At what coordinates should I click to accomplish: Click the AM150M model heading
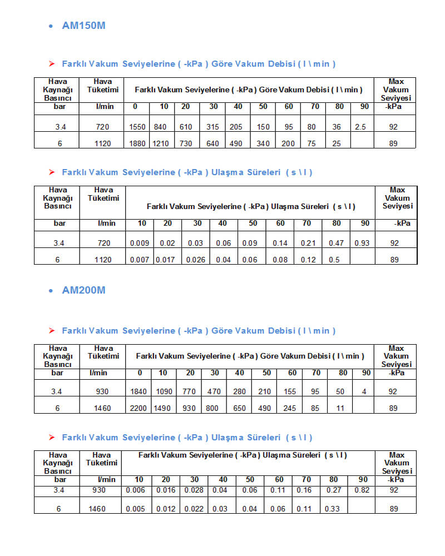83,26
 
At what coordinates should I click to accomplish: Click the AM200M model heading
83,290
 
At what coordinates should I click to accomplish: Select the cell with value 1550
137,127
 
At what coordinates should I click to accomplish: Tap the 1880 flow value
137,144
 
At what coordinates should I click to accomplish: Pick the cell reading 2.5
360,127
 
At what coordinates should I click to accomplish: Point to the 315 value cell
213,127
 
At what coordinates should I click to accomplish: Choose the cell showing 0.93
362,243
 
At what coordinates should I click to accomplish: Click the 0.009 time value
139,243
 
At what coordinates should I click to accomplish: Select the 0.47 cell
335,243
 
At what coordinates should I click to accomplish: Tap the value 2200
139,409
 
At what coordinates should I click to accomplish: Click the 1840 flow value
139,392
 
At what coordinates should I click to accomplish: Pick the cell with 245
290,409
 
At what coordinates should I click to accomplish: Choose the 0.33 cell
333,509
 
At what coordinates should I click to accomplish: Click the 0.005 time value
135,509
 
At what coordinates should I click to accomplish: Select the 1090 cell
164,392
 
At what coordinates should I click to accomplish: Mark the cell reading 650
240,409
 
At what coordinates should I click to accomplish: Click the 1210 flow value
160,144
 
